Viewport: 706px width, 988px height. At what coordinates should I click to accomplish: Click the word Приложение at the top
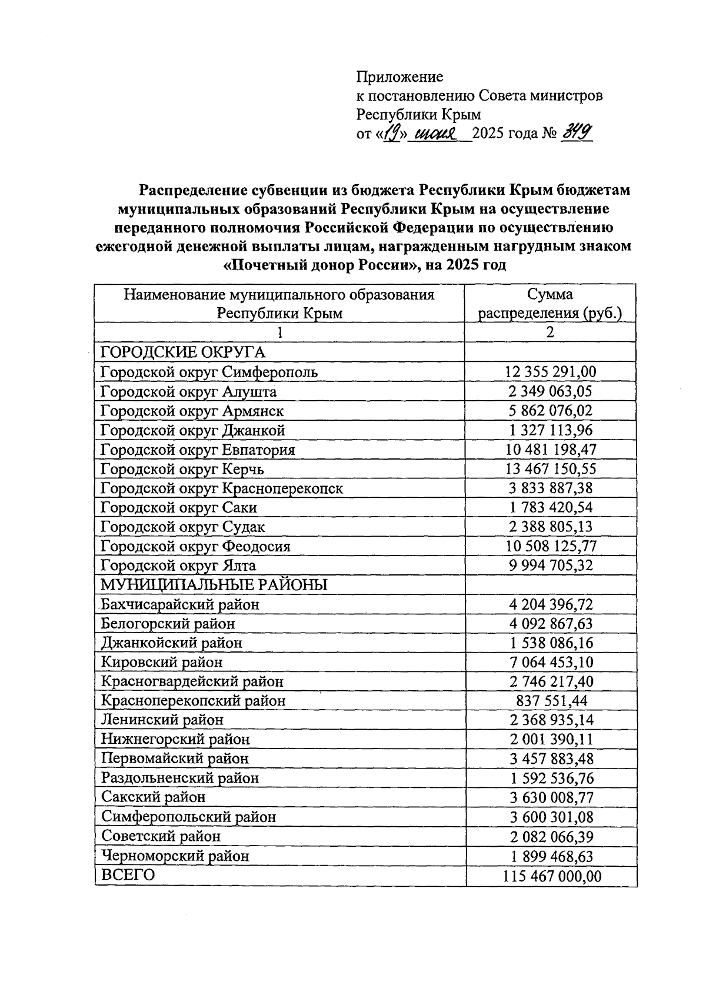[399, 76]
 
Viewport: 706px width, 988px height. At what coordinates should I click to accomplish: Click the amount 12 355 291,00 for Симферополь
[550, 372]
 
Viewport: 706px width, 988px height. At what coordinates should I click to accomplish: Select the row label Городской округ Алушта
[188, 391]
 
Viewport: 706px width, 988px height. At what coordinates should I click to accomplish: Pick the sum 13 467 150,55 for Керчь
[550, 469]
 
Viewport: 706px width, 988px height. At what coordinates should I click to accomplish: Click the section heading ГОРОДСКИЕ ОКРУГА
[183, 352]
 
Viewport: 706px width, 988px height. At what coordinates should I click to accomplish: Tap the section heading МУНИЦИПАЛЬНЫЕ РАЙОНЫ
[214, 585]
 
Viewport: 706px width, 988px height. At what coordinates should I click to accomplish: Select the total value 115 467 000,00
[552, 877]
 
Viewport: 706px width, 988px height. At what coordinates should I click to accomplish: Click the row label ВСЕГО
[128, 875]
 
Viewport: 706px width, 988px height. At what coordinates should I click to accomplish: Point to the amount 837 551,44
[550, 701]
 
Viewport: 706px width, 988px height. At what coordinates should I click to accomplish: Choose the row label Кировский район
[162, 662]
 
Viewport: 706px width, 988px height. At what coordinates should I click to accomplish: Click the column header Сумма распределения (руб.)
[550, 304]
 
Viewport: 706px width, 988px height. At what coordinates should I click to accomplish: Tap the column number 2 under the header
[550, 332]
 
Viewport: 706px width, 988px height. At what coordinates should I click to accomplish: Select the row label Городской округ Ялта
[178, 565]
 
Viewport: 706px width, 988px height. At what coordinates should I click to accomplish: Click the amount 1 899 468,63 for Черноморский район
[550, 856]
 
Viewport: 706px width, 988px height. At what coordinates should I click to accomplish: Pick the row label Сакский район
[154, 797]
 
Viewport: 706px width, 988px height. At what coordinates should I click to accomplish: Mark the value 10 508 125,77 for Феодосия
[550, 546]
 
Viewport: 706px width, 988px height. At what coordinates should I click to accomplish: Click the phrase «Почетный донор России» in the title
[321, 265]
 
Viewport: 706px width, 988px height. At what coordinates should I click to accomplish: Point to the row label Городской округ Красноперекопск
[222, 488]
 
